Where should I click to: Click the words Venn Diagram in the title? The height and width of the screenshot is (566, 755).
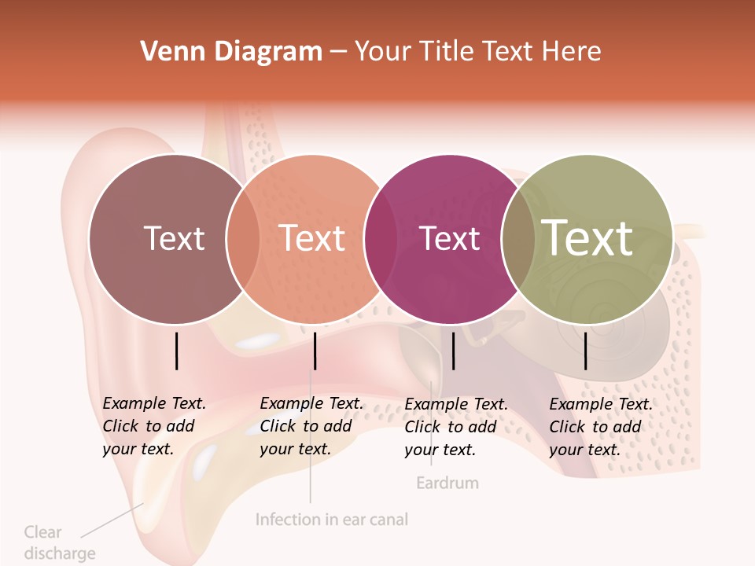click(x=231, y=52)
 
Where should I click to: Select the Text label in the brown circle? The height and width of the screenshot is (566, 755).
click(x=174, y=238)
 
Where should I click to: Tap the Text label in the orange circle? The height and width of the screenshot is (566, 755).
click(x=312, y=238)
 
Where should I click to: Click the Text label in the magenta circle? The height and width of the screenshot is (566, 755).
click(x=450, y=238)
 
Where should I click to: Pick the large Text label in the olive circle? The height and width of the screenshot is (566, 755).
click(x=587, y=237)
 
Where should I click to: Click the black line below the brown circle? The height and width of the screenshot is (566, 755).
click(x=176, y=351)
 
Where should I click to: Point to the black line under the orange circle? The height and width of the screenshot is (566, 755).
click(x=315, y=351)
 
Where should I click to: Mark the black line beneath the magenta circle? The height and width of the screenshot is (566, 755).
click(x=453, y=351)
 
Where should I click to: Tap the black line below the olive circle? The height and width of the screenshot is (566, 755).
click(x=586, y=351)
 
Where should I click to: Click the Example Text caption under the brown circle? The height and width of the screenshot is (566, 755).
click(x=153, y=426)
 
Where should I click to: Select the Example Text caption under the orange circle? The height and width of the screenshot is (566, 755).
click(x=311, y=426)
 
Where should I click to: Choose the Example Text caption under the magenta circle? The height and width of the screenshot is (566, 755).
click(x=455, y=427)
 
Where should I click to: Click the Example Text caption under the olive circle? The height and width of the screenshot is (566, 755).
click(x=600, y=427)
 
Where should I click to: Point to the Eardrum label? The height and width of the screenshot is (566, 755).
click(x=447, y=483)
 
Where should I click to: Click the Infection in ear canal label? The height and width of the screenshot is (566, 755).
click(x=332, y=520)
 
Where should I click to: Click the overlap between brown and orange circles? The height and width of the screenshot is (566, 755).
click(x=243, y=239)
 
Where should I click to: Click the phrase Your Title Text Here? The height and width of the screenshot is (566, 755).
click(x=477, y=52)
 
